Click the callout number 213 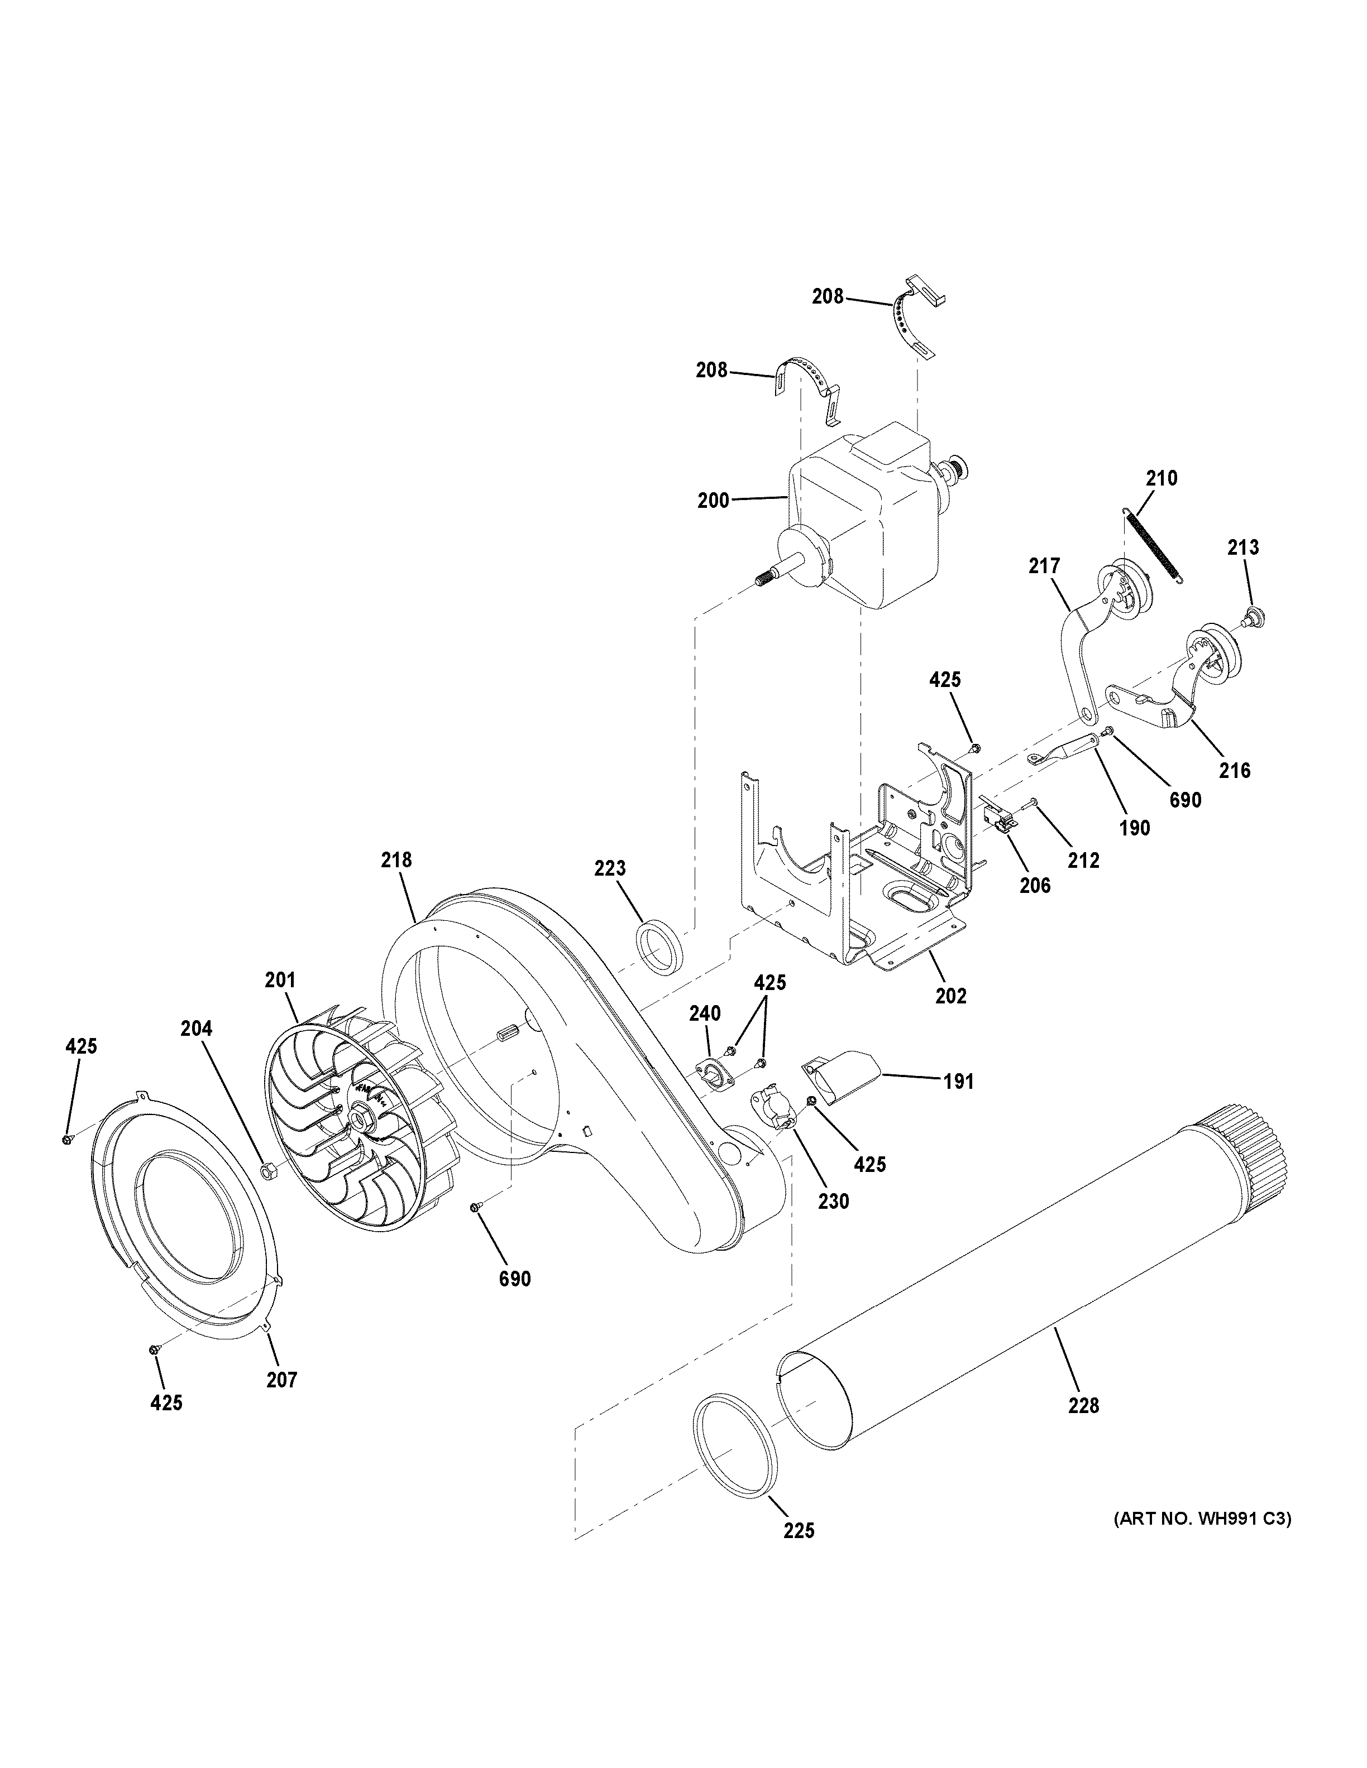[x=1242, y=547]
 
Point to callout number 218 [x=397, y=859]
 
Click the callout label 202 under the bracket [x=951, y=996]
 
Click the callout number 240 [x=705, y=1013]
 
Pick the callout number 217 [x=1044, y=566]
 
